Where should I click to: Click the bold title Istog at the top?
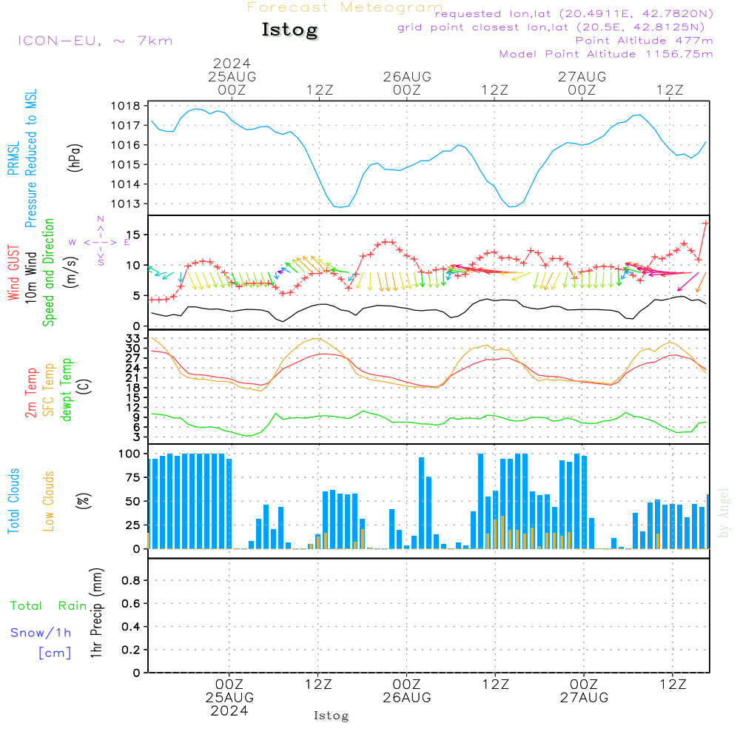pyautogui.click(x=289, y=30)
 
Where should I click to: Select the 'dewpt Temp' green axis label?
pyautogui.click(x=67, y=390)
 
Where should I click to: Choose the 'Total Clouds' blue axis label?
pyautogui.click(x=14, y=500)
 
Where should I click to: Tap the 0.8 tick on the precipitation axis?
pyautogui.click(x=131, y=581)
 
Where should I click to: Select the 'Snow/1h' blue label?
pyautogui.click(x=41, y=633)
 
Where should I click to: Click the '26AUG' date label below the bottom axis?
pyautogui.click(x=407, y=698)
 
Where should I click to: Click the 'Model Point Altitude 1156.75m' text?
pyautogui.click(x=606, y=54)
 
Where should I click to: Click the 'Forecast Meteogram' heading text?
pyautogui.click(x=345, y=7)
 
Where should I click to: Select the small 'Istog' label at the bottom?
pyautogui.click(x=331, y=716)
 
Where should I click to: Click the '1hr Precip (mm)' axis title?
pyautogui.click(x=96, y=613)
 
